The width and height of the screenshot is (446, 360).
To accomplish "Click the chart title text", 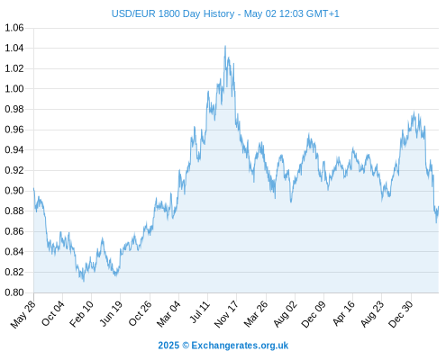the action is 225,13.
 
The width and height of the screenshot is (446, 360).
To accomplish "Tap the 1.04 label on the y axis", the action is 14,48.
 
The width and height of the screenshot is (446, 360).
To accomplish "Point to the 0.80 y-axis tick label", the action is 14,292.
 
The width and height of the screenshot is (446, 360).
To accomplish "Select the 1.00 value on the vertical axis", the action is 14,89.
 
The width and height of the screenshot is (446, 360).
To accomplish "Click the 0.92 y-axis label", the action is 14,170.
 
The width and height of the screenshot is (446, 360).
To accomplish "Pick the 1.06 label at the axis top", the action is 14,28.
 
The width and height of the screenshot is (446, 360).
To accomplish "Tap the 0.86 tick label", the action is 14,231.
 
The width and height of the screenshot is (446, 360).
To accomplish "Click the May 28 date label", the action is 23,314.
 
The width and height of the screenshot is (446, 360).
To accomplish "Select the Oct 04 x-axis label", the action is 53,313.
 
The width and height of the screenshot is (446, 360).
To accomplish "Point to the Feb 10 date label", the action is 81,314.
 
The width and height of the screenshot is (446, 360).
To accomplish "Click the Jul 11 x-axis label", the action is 200,312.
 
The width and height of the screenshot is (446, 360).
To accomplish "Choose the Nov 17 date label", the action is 226,314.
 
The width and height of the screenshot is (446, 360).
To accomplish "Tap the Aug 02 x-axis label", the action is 286,314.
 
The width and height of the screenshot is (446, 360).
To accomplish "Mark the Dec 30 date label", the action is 401,314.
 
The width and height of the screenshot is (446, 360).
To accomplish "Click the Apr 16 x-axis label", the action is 343,313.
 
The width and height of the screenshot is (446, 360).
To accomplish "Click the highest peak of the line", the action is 225,46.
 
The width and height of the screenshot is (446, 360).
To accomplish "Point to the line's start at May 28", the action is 34,188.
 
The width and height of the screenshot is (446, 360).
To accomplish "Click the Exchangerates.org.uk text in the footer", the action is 240,346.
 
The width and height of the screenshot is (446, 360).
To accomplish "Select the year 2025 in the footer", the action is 168,346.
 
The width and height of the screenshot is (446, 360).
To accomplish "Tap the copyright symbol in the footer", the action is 186,346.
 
